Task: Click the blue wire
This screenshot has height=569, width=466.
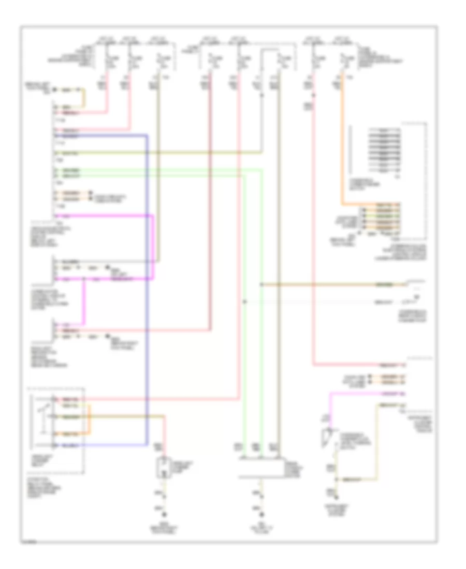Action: [147, 290]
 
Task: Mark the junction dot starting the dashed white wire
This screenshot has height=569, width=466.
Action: [244, 301]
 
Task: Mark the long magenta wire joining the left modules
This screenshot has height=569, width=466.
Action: [152, 248]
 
